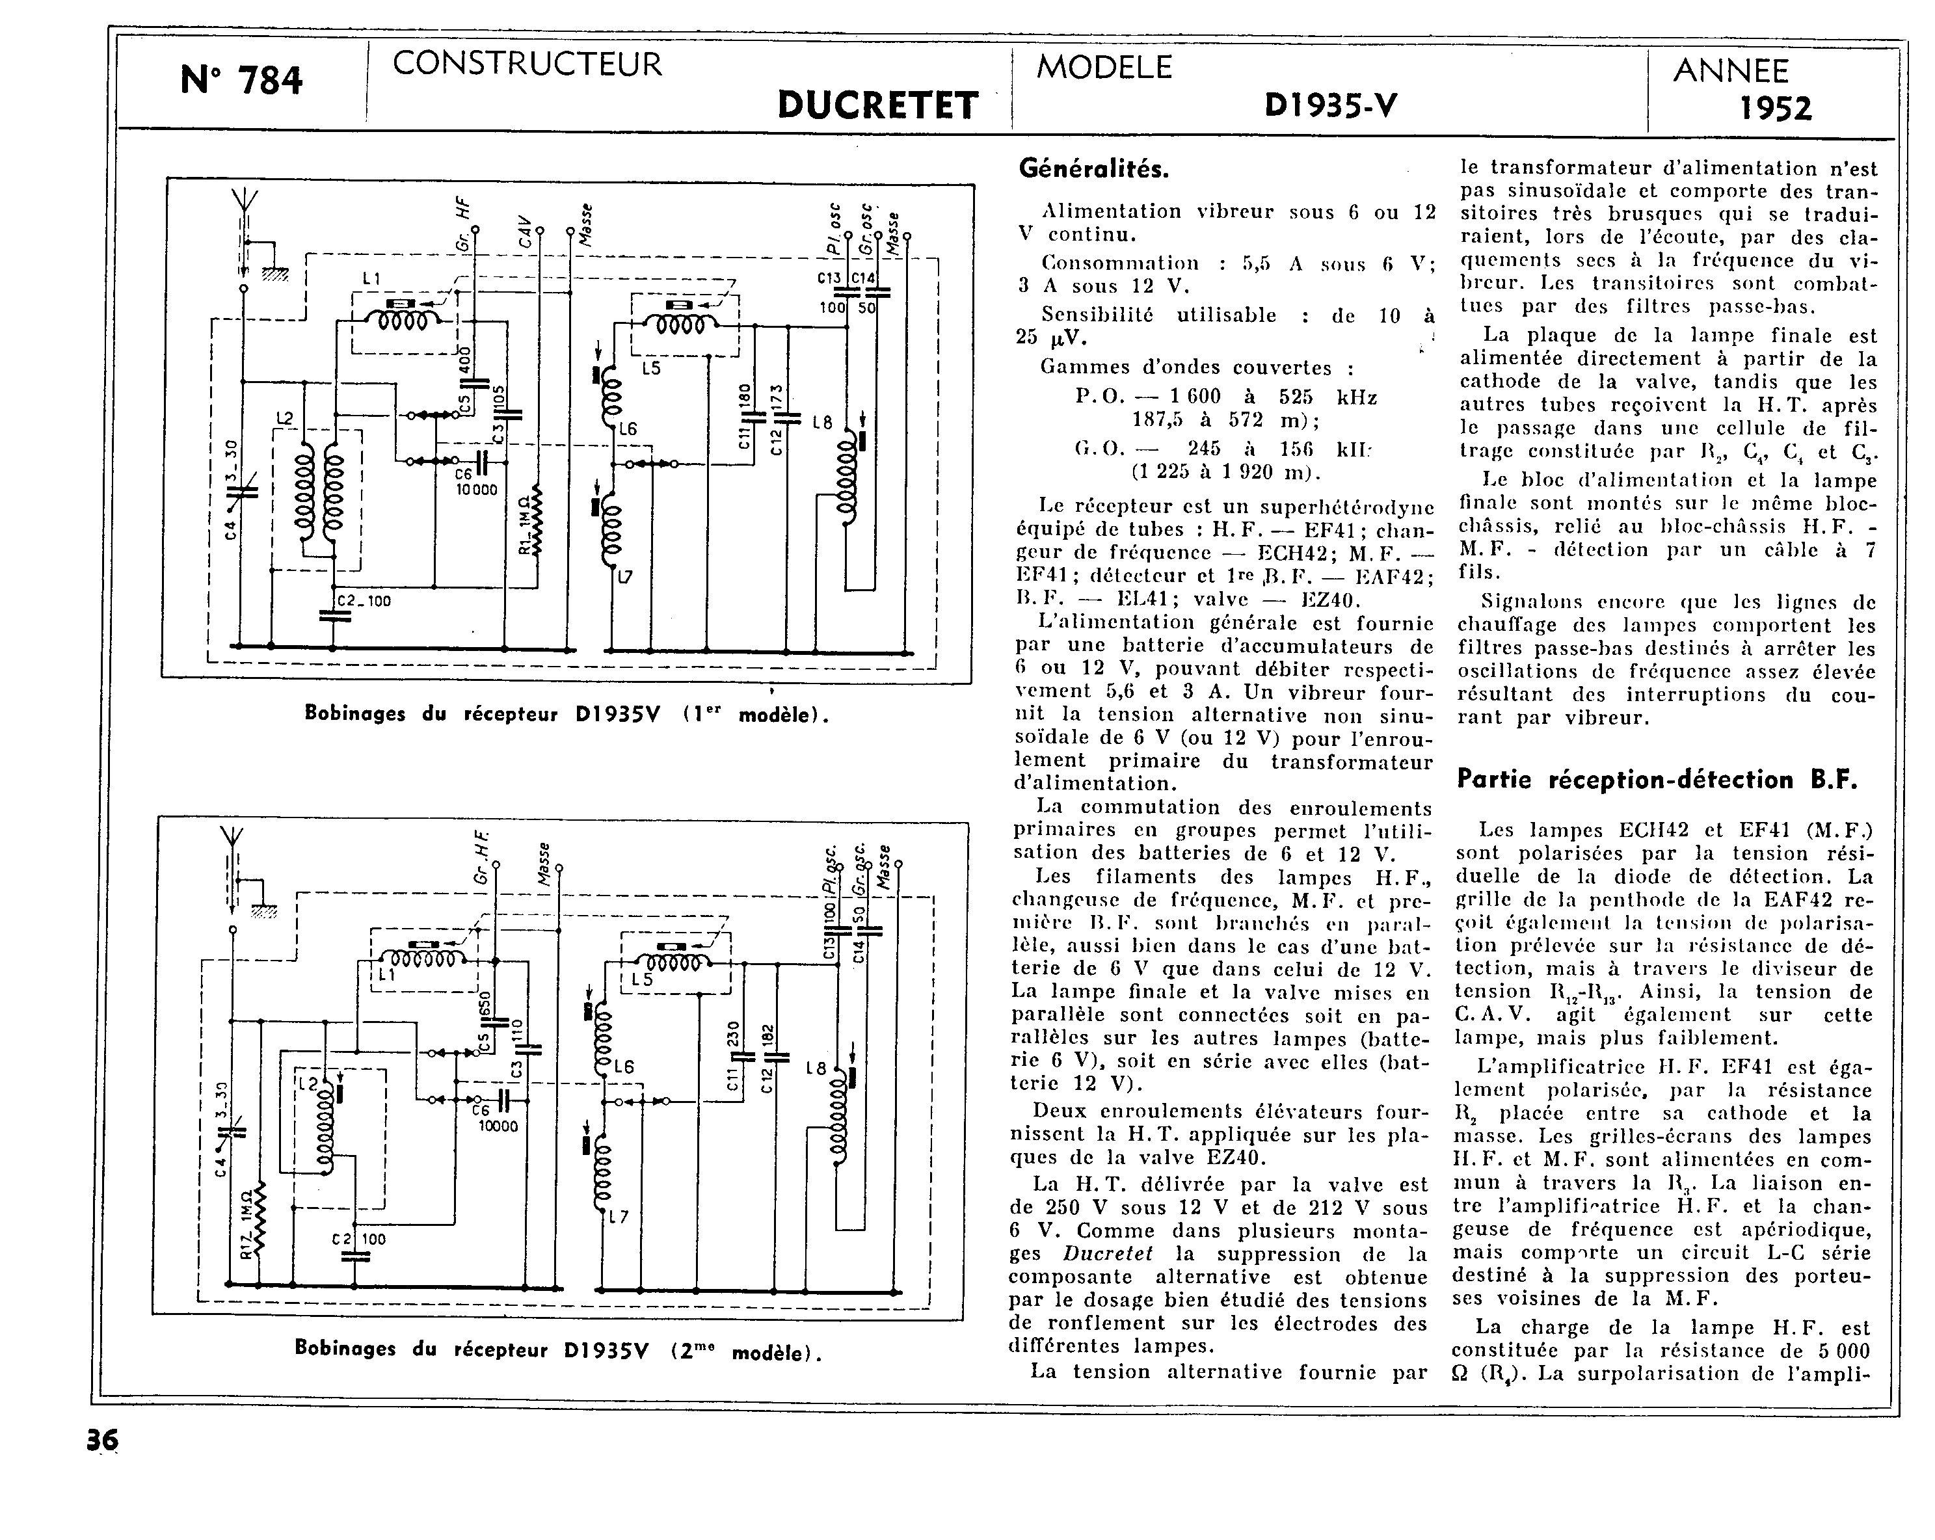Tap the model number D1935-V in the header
coord(1330,106)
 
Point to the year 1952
coord(1775,109)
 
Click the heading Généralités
coord(1095,168)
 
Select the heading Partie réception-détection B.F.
coord(1657,779)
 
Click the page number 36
coord(102,1440)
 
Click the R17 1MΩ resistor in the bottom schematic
coord(258,1221)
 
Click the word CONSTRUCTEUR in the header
coord(527,64)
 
